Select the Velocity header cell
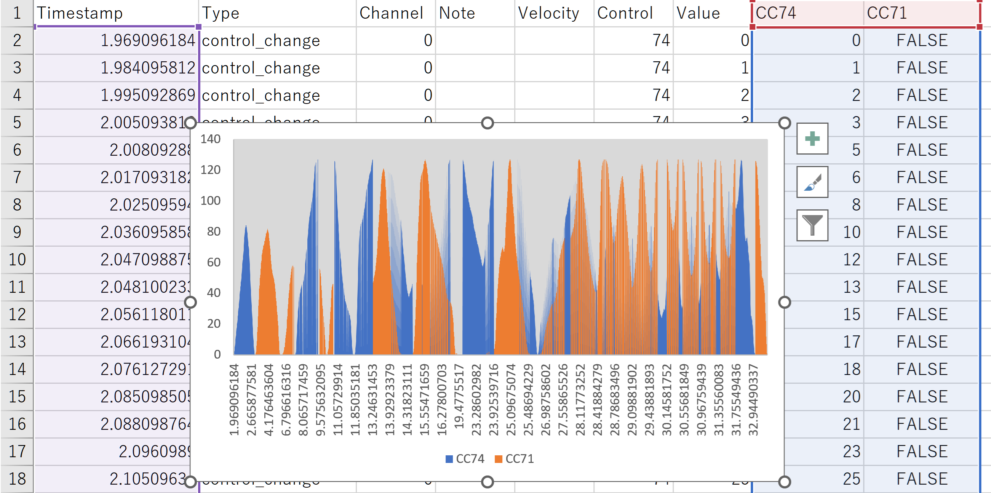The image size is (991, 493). (x=548, y=13)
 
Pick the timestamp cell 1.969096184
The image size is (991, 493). (x=148, y=40)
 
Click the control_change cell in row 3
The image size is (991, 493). (x=261, y=68)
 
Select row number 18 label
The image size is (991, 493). (x=17, y=479)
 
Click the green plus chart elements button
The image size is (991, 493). (x=812, y=139)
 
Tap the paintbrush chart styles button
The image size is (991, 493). (x=812, y=182)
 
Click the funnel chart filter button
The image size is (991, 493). (x=812, y=225)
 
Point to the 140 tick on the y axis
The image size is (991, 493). (x=211, y=139)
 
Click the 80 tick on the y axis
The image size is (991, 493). (x=214, y=231)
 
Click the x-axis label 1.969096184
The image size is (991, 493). (x=234, y=400)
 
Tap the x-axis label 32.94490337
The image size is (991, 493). (x=753, y=400)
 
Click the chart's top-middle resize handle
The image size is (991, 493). (x=488, y=123)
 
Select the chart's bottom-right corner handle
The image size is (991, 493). (x=785, y=482)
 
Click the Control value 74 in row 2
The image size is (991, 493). (x=661, y=40)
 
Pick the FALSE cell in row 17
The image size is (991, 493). (x=922, y=452)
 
